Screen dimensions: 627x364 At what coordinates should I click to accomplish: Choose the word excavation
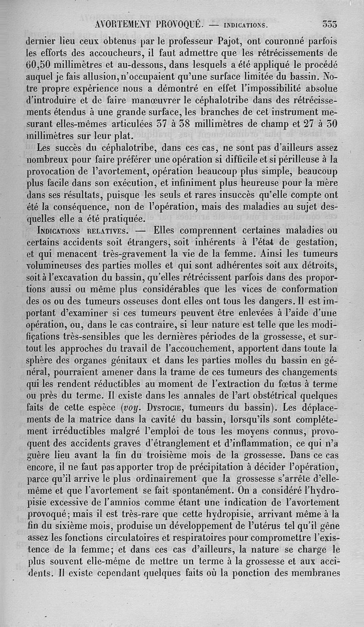75,277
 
